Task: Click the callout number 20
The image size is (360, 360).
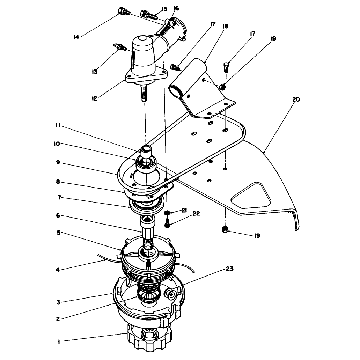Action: point(296,100)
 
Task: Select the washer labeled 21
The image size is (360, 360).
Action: point(167,213)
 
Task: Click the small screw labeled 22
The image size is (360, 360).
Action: point(167,223)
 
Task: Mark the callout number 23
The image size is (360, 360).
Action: point(229,269)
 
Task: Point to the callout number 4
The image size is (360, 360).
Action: point(58,270)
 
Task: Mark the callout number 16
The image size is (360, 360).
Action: point(176,8)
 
